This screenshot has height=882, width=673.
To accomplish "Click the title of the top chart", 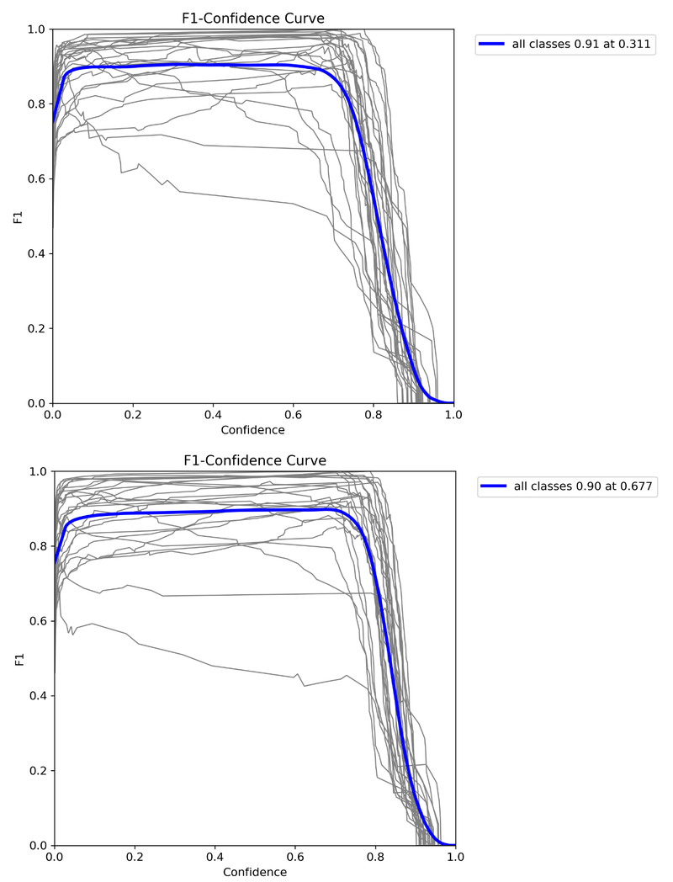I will pos(252,19).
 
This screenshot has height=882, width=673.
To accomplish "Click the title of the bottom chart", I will pos(254,460).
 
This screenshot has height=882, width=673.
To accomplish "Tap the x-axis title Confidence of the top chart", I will pos(252,430).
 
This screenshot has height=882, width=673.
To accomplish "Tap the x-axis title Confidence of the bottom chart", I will pos(254,872).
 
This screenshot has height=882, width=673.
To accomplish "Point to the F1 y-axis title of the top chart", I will pos(18,216).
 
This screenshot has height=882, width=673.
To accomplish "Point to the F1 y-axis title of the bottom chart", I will pos(19,658).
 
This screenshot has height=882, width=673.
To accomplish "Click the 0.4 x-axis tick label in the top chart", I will pos(212,416).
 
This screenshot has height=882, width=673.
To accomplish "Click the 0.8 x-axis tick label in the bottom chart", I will pos(375,858).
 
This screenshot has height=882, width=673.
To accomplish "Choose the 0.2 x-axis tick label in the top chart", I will pos(132,416).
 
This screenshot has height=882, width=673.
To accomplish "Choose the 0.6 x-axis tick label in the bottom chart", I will pos(295,858).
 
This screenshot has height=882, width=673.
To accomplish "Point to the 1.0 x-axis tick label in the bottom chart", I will pos(455,858).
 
